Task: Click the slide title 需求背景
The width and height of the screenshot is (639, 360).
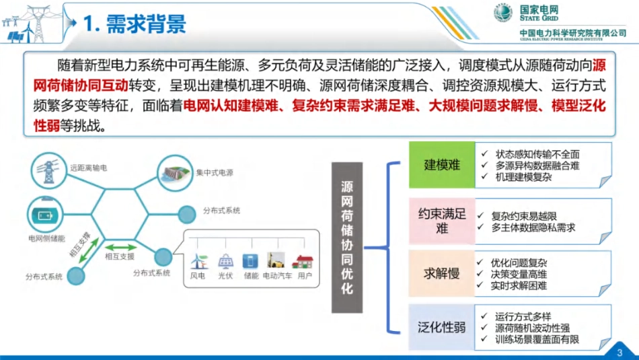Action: click(x=134, y=24)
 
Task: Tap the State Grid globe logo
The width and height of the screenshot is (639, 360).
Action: click(x=503, y=13)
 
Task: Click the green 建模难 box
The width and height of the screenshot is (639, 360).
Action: click(x=441, y=166)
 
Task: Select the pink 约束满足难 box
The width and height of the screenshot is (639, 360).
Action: click(x=441, y=220)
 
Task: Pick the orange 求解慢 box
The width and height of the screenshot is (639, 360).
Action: click(x=441, y=274)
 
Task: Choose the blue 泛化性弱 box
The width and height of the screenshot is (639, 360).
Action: click(x=441, y=328)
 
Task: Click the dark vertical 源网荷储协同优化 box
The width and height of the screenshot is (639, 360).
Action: click(x=347, y=237)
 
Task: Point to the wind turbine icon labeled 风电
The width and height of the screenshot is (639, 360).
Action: click(x=198, y=261)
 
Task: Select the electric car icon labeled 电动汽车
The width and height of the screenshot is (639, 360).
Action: click(x=276, y=261)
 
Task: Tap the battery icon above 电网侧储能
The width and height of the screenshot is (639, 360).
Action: click(x=46, y=215)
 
